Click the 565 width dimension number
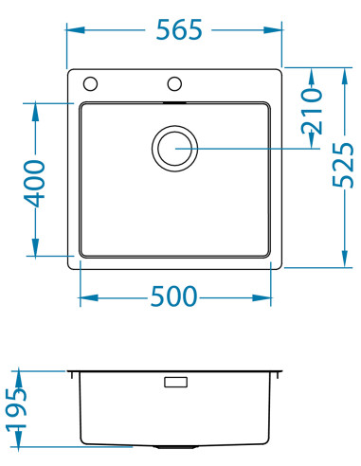coord(178,30)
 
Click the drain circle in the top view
coord(174,149)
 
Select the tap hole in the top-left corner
coord(90,82)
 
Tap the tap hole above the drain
coord(174,82)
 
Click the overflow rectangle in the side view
coord(176,384)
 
